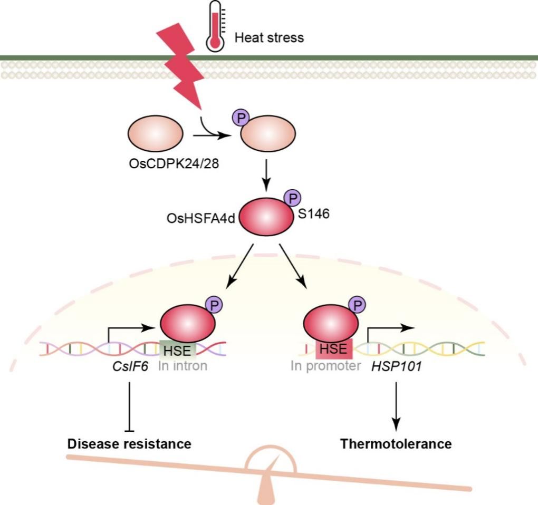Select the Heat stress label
pyautogui.click(x=269, y=37)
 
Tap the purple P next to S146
pyautogui.click(x=292, y=198)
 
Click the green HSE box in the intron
pyautogui.click(x=178, y=349)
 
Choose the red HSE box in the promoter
pyautogui.click(x=331, y=348)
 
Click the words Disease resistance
pyautogui.click(x=129, y=443)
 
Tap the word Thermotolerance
pyautogui.click(x=396, y=443)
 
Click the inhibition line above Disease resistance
pyautogui.click(x=129, y=403)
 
